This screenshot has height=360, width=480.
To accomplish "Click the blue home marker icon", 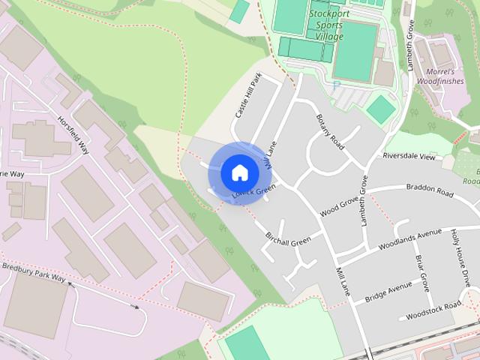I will pyautogui.click(x=239, y=172).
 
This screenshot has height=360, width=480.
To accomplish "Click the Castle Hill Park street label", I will pyautogui.click(x=247, y=95).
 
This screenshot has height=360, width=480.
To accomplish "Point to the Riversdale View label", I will pyautogui.click(x=409, y=157).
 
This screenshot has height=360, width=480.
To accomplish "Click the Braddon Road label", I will pyautogui.click(x=430, y=190).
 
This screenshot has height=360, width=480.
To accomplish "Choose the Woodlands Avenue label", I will pyautogui.click(x=409, y=238).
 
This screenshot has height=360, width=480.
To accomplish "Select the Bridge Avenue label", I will pyautogui.click(x=388, y=292).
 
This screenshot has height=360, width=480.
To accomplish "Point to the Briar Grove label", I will pyautogui.click(x=422, y=273).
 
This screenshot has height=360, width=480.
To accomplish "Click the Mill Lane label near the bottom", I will pyautogui.click(x=343, y=279).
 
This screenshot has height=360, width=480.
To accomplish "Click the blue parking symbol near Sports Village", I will pyautogui.click(x=336, y=85).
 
